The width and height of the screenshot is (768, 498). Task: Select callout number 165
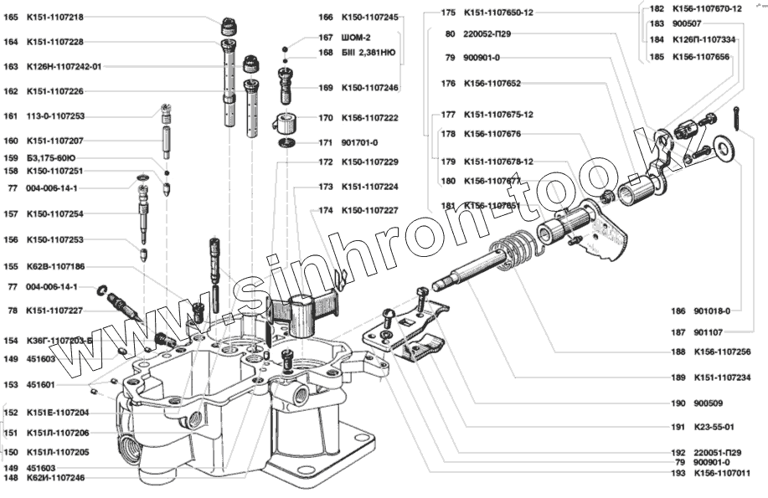point(11,18)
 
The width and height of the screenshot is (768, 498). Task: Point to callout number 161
point(11,116)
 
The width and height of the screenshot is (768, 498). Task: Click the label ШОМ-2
point(359,38)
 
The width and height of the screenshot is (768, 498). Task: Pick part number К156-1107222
point(369,118)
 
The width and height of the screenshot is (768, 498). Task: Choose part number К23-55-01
point(714,426)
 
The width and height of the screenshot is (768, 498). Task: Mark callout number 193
point(678,473)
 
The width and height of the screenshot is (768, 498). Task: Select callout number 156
point(11,239)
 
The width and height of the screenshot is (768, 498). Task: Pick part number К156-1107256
point(722,352)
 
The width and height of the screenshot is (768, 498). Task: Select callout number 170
point(325,118)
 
